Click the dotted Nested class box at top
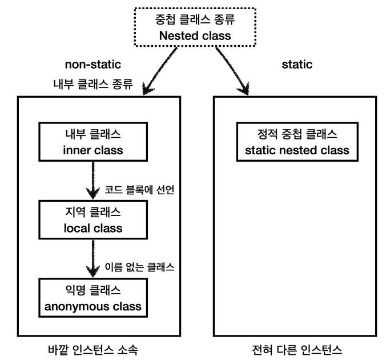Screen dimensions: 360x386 [x=193, y=27]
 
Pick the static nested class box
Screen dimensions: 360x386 [x=293, y=142]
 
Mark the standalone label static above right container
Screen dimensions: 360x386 [x=297, y=65]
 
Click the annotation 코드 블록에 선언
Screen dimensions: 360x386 [x=139, y=189]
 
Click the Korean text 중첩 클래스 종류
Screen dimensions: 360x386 [x=194, y=19]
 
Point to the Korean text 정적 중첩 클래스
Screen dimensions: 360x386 [x=293, y=135]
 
